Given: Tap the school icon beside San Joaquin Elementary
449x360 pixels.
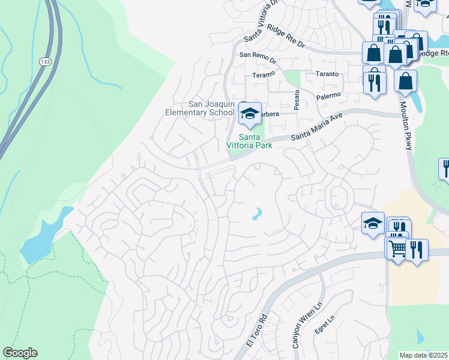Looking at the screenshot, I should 250,112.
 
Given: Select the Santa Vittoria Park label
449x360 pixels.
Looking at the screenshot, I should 249,141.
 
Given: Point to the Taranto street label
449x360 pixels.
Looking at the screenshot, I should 327,74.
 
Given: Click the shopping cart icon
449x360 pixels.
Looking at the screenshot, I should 396,247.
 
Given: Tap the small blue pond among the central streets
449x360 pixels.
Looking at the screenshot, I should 257,214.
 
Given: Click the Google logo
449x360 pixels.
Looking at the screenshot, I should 20,353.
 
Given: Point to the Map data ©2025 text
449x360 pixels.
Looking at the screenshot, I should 424,355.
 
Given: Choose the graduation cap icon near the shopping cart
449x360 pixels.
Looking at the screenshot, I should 372,223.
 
